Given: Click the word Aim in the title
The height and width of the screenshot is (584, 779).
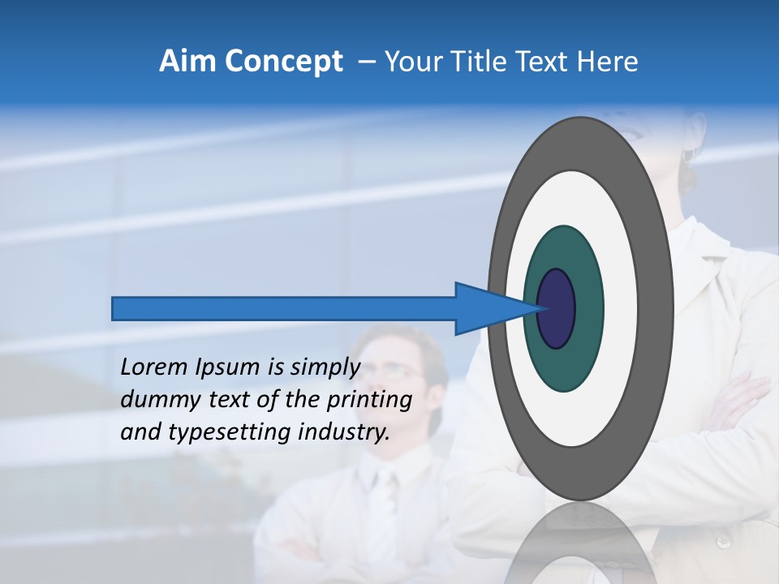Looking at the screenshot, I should click(188, 62).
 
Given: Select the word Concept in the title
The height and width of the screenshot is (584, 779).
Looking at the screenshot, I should click(283, 62).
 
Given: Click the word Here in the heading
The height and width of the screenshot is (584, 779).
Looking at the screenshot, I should click(608, 62).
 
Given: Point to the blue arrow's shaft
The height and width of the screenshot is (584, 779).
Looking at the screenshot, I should click(284, 309).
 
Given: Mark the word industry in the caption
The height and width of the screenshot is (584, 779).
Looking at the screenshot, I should click(342, 432).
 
